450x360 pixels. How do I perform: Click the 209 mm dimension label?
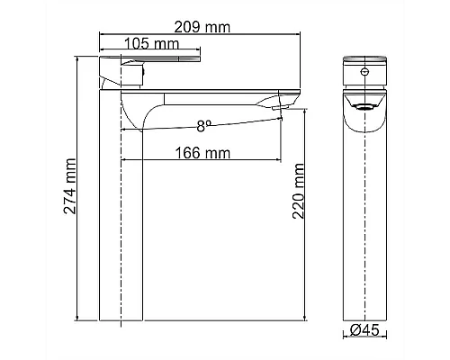tap(202, 27)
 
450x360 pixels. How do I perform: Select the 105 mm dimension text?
tap(151, 44)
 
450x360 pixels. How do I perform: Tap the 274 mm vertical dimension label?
tap(70, 186)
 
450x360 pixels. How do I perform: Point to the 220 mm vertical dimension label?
tap(299, 191)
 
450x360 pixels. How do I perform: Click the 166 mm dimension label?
tap(202, 153)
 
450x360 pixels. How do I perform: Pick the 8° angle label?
tap(204, 126)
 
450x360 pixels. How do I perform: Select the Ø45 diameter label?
tap(364, 330)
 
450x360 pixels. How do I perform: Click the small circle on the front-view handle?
tap(364, 72)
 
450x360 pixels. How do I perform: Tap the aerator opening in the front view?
tap(364, 106)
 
